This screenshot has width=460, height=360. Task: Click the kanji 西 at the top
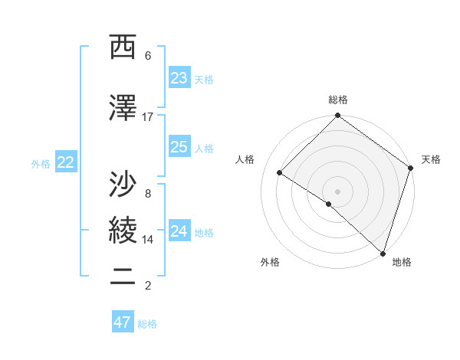(x=123, y=47)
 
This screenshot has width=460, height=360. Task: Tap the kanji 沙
(x=123, y=185)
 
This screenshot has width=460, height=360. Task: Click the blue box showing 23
(x=179, y=78)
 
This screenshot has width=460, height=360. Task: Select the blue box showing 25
(x=179, y=147)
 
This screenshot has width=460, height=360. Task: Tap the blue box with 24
(x=179, y=231)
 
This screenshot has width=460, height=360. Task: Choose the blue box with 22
(x=66, y=162)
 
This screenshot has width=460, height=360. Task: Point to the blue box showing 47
(x=122, y=322)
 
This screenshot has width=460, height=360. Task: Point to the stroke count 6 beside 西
(x=147, y=55)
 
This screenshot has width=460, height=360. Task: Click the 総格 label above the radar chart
(x=337, y=100)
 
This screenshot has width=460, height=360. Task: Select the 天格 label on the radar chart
(x=431, y=159)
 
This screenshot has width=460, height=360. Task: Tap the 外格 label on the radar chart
(x=270, y=262)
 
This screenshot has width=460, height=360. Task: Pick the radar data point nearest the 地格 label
(x=383, y=252)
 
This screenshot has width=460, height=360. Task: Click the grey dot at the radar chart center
(x=337, y=191)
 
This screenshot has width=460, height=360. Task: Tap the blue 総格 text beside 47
(x=147, y=324)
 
